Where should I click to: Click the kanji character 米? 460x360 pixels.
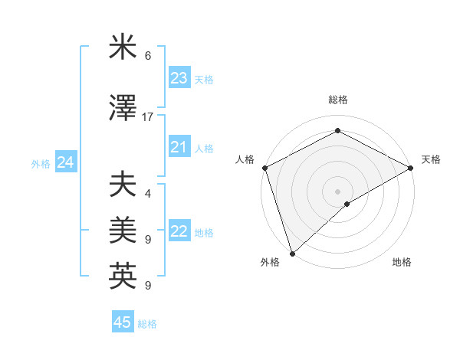[123, 49]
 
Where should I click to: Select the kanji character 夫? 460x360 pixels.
[123, 185]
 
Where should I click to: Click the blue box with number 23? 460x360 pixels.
[179, 78]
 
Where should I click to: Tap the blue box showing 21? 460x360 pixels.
[179, 147]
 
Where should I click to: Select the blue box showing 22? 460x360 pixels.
[179, 231]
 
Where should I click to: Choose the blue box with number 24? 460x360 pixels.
[66, 162]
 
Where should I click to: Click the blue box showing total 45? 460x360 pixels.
[123, 322]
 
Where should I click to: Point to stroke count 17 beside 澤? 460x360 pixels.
[148, 116]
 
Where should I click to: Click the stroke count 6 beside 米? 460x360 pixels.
[148, 56]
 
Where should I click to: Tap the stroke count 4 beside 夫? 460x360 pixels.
[148, 193]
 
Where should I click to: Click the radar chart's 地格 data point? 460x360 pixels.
[347, 204]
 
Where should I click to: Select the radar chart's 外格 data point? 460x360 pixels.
[291, 253]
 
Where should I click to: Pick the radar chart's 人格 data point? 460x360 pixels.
[264, 168]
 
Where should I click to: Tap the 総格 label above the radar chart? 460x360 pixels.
[337, 100]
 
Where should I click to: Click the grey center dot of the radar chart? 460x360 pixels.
[337, 191]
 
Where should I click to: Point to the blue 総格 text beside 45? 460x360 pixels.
[147, 324]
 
